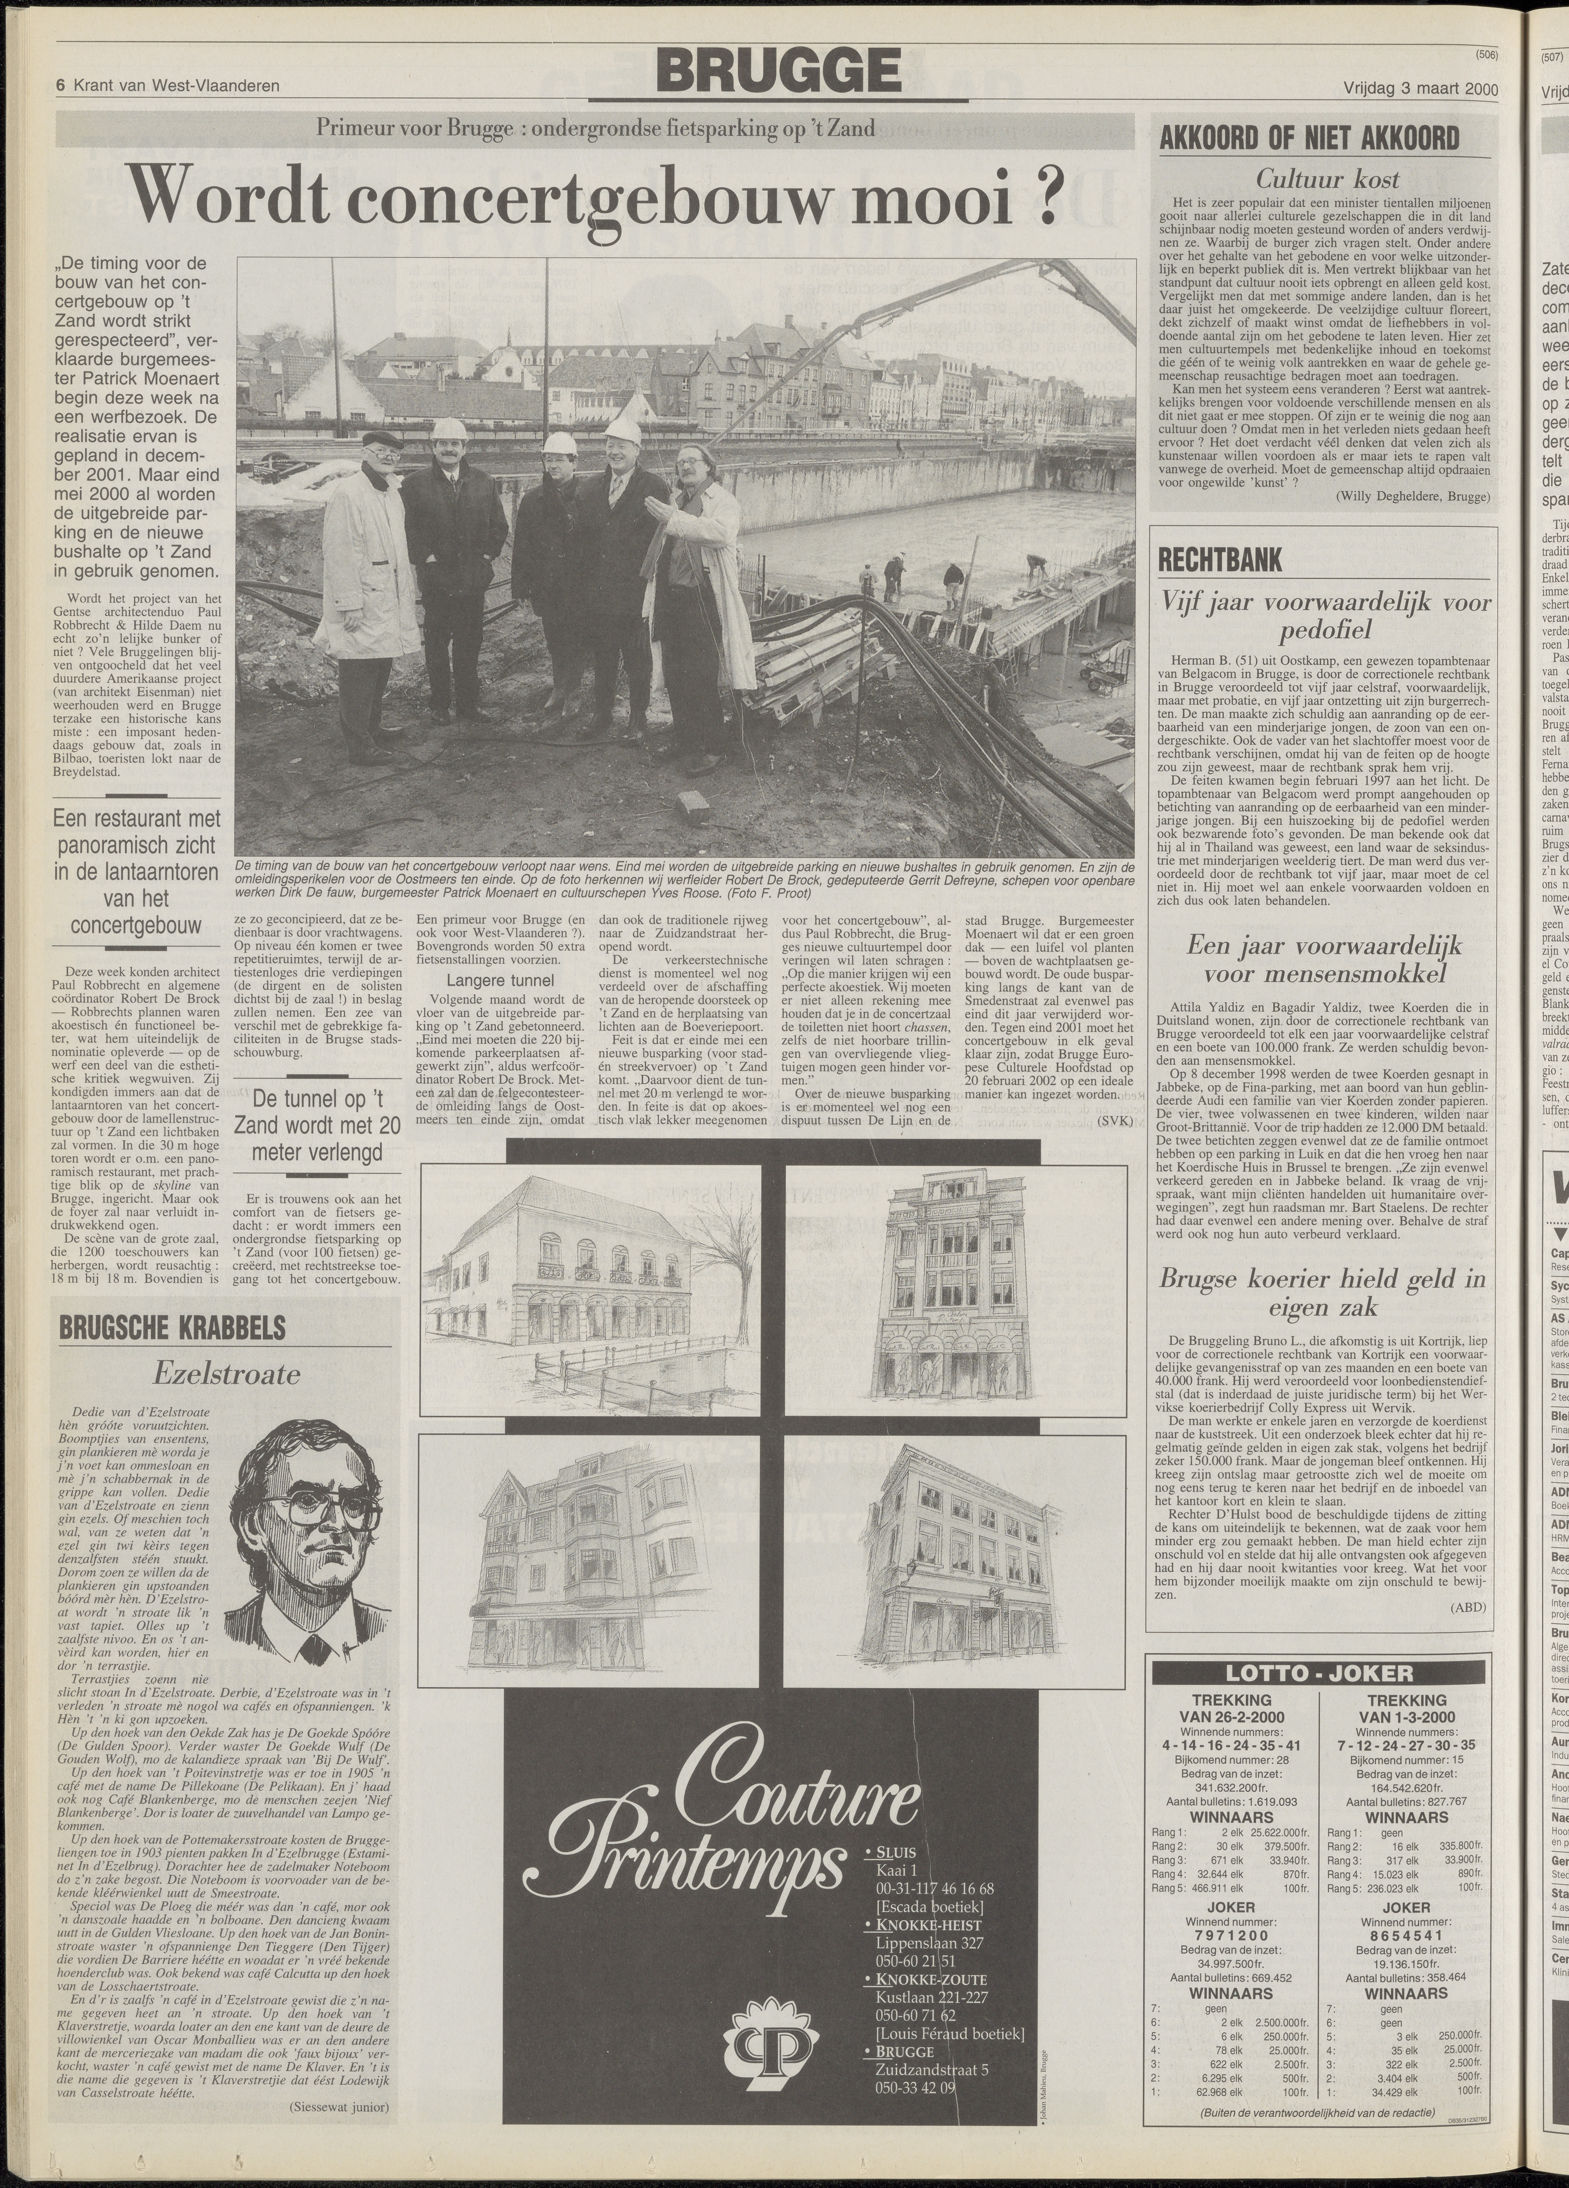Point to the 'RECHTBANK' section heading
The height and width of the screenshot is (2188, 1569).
click(1213, 560)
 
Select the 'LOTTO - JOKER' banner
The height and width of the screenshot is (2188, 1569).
click(1317, 1674)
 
